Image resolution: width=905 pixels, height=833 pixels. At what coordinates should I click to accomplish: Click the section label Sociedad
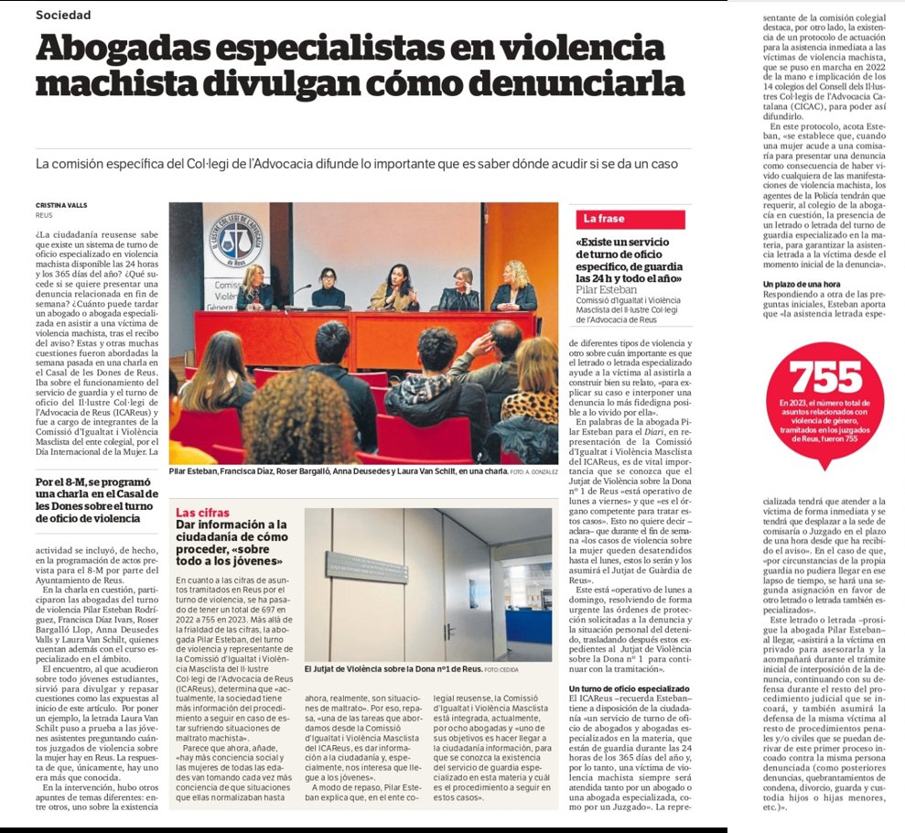click(63, 15)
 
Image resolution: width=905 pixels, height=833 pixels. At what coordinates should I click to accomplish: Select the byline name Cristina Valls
click(62, 206)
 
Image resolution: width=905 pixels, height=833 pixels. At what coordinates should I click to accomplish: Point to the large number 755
click(825, 377)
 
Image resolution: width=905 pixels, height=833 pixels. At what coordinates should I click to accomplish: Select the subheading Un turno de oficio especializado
click(630, 662)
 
